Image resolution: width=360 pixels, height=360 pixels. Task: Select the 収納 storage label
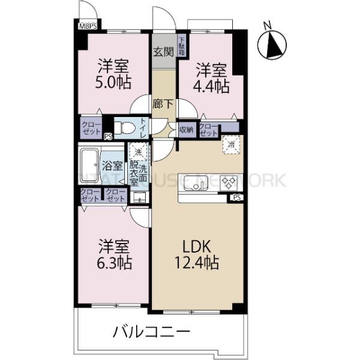coord(186,129)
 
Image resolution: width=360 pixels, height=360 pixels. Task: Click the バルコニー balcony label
coord(151,331)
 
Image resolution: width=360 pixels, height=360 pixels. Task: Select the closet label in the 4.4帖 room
coord(208,129)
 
